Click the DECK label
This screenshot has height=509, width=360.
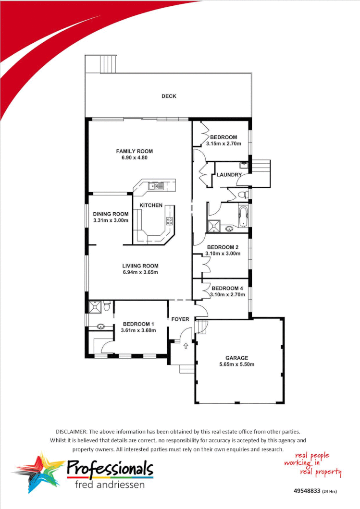coord(169,96)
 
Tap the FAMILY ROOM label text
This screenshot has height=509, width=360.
coord(135,151)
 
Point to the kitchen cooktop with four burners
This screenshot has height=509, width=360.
coord(170,221)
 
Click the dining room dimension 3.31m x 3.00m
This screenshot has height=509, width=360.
coord(111,220)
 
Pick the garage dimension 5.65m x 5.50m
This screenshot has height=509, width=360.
coord(237,364)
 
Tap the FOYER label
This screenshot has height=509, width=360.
coord(180,319)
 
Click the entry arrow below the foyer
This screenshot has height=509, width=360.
coord(186,346)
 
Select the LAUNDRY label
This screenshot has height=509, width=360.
coord(229,175)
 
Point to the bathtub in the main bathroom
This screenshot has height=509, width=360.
coord(243,217)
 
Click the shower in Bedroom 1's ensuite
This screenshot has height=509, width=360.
coord(95,306)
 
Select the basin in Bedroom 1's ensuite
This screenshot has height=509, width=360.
coord(100,327)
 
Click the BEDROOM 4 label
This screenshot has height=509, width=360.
coord(227,288)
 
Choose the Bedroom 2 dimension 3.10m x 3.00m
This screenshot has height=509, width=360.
coord(223,254)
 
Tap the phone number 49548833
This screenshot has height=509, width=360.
coord(307,491)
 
